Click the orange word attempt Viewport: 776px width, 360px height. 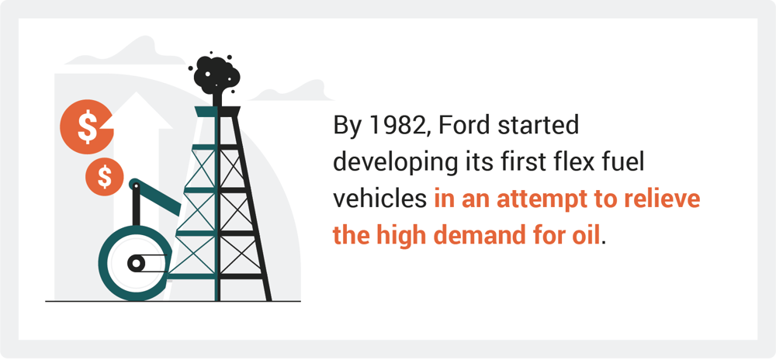(x=539, y=199)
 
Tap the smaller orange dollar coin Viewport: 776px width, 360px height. (x=105, y=177)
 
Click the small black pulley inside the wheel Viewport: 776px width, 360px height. (x=136, y=264)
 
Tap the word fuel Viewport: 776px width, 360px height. (x=627, y=162)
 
